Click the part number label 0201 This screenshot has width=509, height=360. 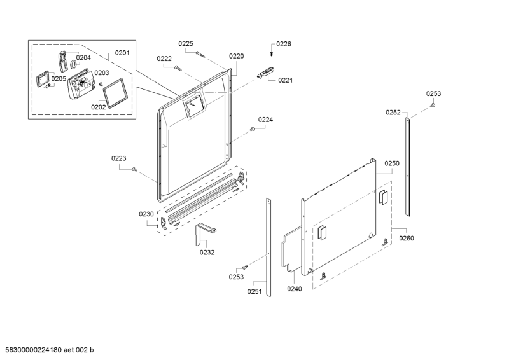[122, 53]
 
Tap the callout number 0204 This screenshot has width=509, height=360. [83, 57]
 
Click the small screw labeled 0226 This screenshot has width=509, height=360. [272, 53]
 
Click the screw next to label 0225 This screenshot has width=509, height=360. [200, 54]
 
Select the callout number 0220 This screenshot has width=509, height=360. [236, 56]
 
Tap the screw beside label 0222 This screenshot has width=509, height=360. [178, 68]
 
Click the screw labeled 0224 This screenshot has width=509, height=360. [252, 129]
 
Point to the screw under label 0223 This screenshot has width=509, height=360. [134, 169]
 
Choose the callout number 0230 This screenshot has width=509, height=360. [146, 214]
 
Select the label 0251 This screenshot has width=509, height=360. [254, 291]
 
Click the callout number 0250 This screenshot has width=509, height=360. [392, 163]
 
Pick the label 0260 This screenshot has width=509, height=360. [407, 239]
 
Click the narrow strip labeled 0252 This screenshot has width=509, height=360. [407, 167]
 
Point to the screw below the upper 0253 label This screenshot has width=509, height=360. [432, 105]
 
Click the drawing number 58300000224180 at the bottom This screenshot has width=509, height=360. [34, 350]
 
